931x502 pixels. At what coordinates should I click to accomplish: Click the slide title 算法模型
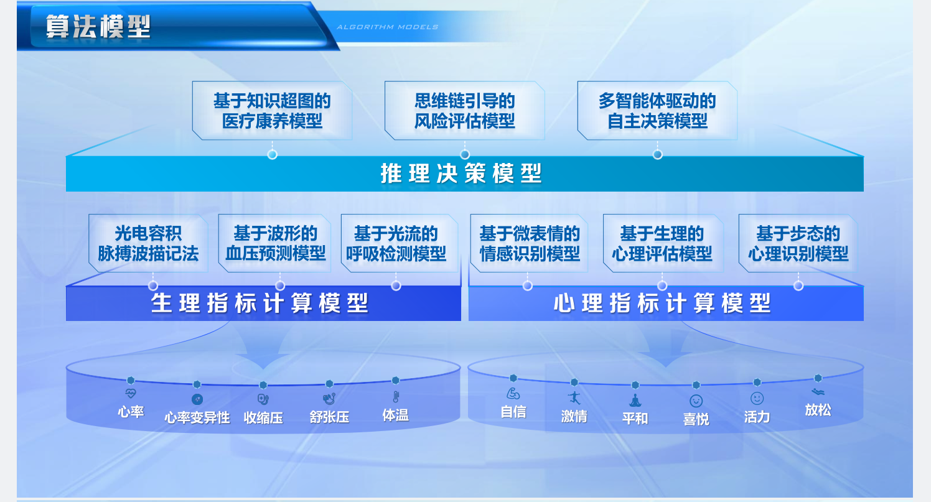(98, 27)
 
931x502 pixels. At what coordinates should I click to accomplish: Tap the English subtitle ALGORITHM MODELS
(387, 27)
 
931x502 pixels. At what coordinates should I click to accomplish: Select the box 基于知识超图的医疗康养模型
(272, 111)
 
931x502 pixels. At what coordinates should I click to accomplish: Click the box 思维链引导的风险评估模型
(465, 111)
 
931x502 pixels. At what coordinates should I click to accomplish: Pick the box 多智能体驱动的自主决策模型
(657, 111)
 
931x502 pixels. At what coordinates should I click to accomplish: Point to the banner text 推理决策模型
(461, 174)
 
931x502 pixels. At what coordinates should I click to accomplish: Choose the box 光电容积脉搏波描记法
(148, 243)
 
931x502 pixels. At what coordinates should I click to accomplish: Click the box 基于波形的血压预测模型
(274, 243)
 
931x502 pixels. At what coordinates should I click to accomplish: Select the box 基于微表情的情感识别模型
(529, 243)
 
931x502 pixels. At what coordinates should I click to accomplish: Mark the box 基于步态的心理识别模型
(798, 243)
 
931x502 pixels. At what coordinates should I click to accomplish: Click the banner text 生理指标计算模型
(260, 303)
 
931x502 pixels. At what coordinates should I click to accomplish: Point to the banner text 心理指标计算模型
(662, 303)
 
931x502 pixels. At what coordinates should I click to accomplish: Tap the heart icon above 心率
(131, 393)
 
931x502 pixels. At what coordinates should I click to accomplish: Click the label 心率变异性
(197, 417)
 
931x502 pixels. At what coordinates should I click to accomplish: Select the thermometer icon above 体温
(396, 397)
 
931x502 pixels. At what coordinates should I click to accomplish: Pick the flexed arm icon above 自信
(513, 393)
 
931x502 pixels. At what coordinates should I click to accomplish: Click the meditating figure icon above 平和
(635, 400)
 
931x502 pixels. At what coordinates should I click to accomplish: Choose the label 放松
(818, 410)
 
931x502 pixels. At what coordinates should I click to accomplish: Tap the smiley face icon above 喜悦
(696, 401)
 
